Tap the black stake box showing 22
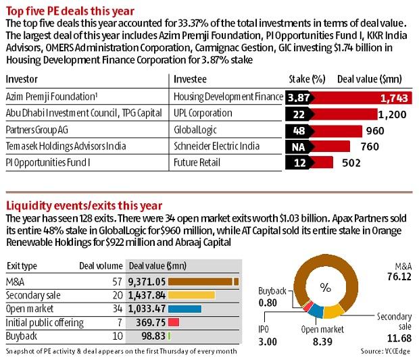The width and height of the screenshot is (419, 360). tap(297, 113)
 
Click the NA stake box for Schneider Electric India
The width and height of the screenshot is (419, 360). tap(297, 146)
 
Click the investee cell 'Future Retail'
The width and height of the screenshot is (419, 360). tap(197, 162)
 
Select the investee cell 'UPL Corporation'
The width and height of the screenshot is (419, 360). tap(203, 113)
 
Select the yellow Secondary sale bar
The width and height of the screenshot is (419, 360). tap(191, 295)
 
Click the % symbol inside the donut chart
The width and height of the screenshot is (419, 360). tap(326, 287)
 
